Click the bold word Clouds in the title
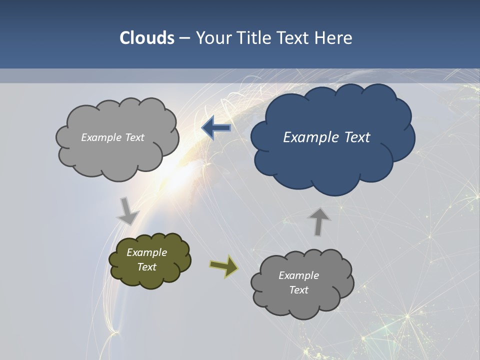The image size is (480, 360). pos(147,38)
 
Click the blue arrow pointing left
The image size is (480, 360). pos(216,128)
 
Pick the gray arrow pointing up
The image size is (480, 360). pos(318,221)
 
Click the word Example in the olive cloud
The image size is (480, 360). pos(146,252)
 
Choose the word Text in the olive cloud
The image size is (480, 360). pos(147,267)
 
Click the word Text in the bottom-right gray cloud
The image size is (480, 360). pos(298,290)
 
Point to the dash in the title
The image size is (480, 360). pos(184,38)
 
